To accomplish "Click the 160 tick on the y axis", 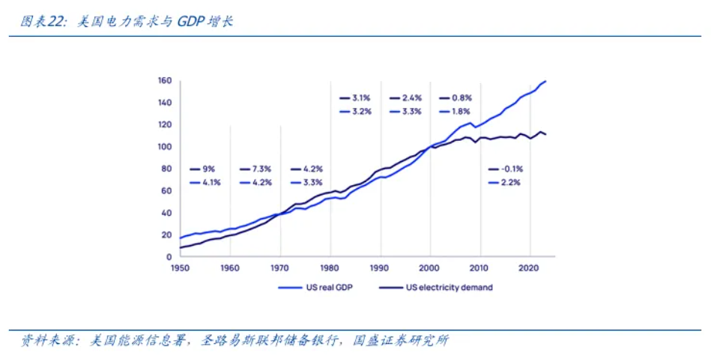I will (166, 81).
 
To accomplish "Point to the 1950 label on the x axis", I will (180, 267).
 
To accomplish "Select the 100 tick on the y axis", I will (166, 147).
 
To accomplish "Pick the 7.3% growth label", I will (262, 169).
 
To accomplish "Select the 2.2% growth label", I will (512, 182).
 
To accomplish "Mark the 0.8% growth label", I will (462, 98).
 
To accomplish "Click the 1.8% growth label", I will (462, 112).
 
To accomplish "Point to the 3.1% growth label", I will (362, 98).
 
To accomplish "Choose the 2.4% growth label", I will (412, 98).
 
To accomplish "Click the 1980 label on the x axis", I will (330, 267).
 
